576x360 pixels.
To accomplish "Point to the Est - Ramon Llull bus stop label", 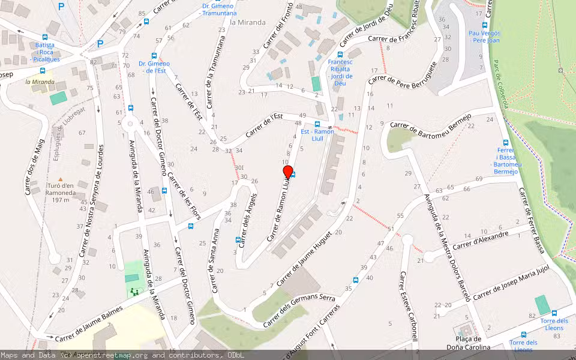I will [x=317, y=131].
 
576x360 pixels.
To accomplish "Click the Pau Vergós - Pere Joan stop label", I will [x=484, y=37].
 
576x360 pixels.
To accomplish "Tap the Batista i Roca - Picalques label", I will [x=44, y=52].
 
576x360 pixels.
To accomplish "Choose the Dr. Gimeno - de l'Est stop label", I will [x=154, y=67].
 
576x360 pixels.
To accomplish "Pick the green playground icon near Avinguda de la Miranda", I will [x=133, y=292].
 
